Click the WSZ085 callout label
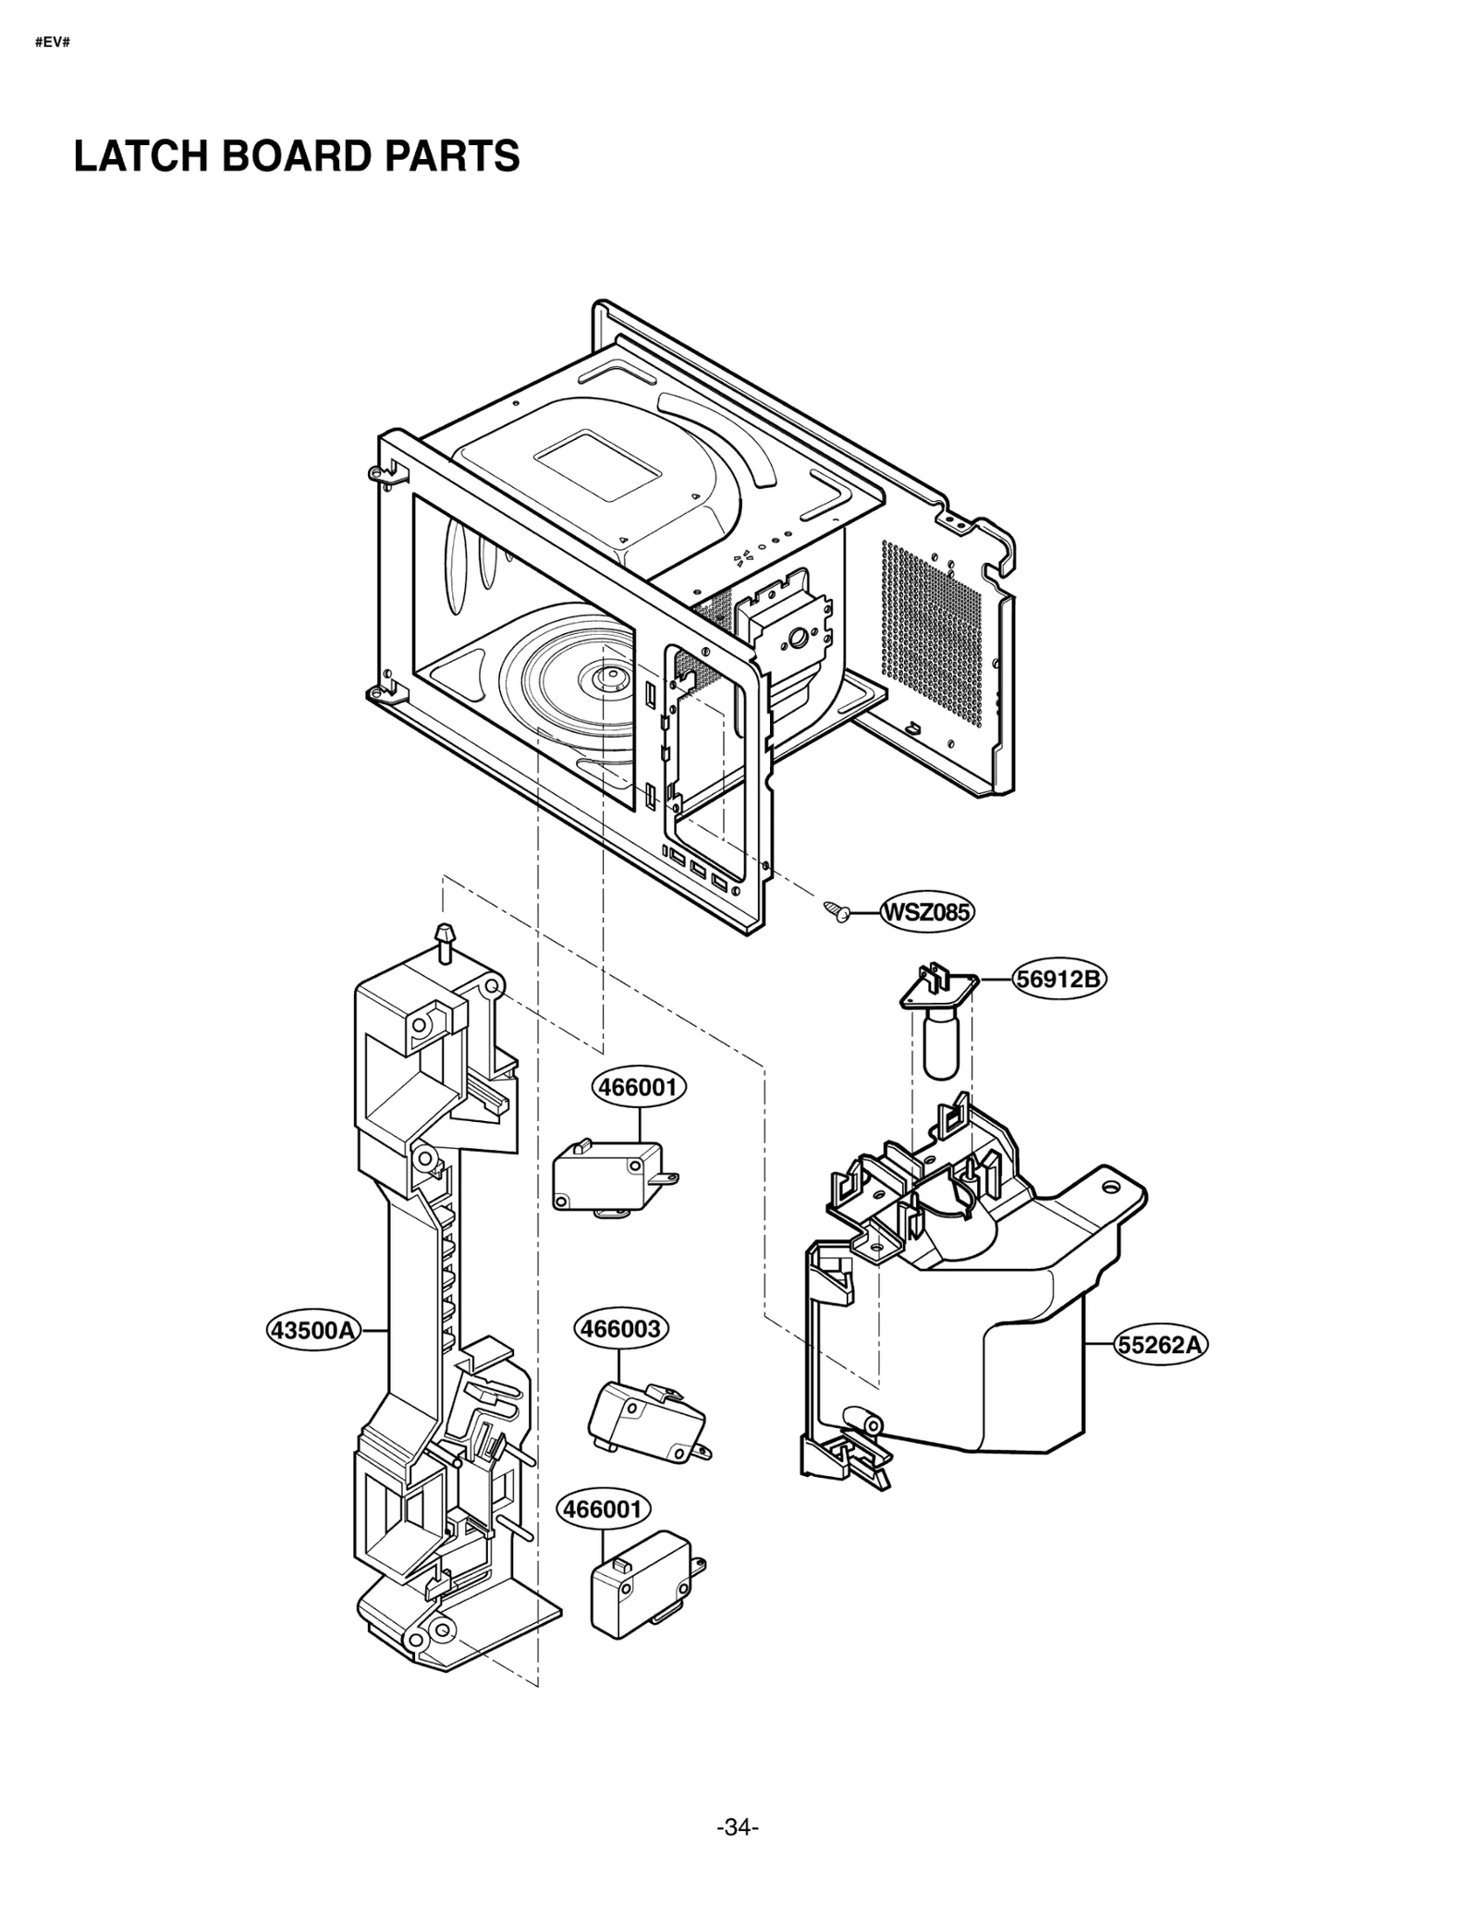click(x=926, y=912)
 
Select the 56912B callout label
click(x=1059, y=978)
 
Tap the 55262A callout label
click(x=1160, y=1344)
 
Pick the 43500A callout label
click(x=312, y=1330)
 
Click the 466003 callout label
click(x=620, y=1328)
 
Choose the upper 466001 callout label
click(x=639, y=1086)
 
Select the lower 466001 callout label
click(x=603, y=1508)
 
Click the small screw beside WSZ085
click(x=837, y=911)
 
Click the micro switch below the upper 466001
click(x=610, y=1178)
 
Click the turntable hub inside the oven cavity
click(x=607, y=679)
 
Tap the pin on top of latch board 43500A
click(x=446, y=936)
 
